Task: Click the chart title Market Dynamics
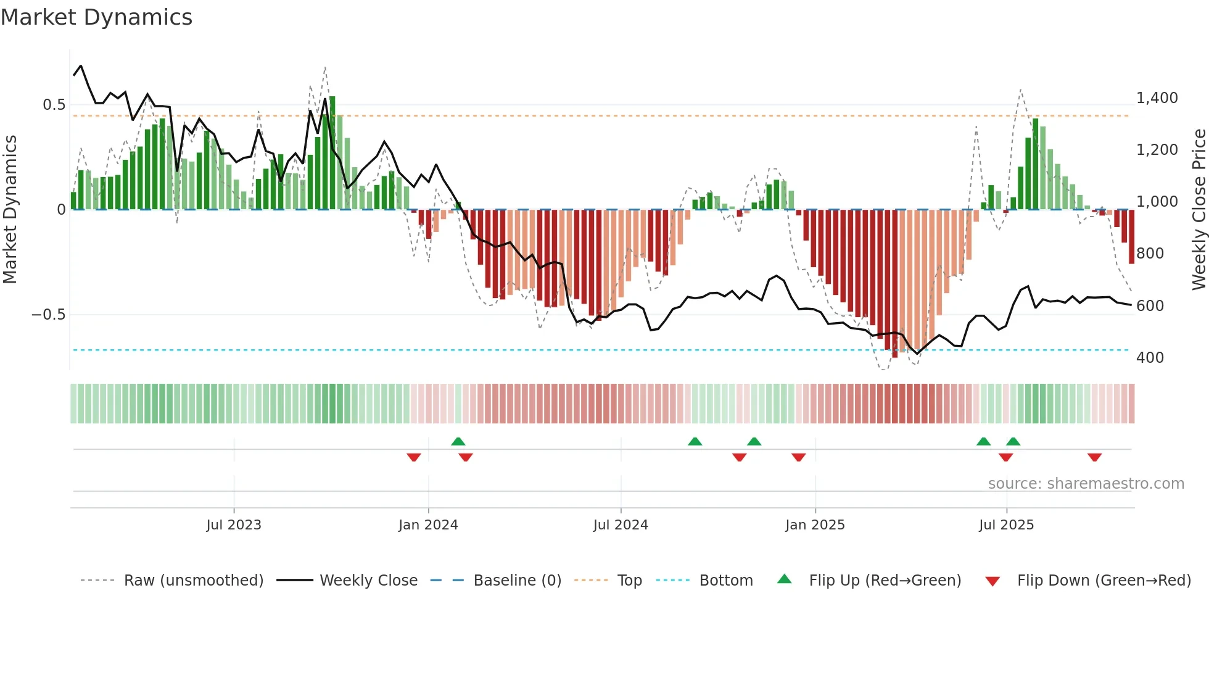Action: (97, 17)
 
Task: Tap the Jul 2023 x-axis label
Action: (234, 525)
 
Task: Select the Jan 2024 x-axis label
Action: (428, 525)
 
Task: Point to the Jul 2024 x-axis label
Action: (621, 525)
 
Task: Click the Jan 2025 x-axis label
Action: (815, 525)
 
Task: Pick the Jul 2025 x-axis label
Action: (1006, 525)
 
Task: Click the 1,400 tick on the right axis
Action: (1157, 98)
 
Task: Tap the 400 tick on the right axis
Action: (1150, 358)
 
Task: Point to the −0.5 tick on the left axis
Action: (48, 315)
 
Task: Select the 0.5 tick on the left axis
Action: (54, 105)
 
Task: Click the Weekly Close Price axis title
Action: (1199, 209)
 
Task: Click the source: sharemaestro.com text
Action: (1086, 484)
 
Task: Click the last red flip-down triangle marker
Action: (1094, 457)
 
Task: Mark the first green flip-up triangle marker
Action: (458, 441)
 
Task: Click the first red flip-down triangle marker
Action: (414, 457)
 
